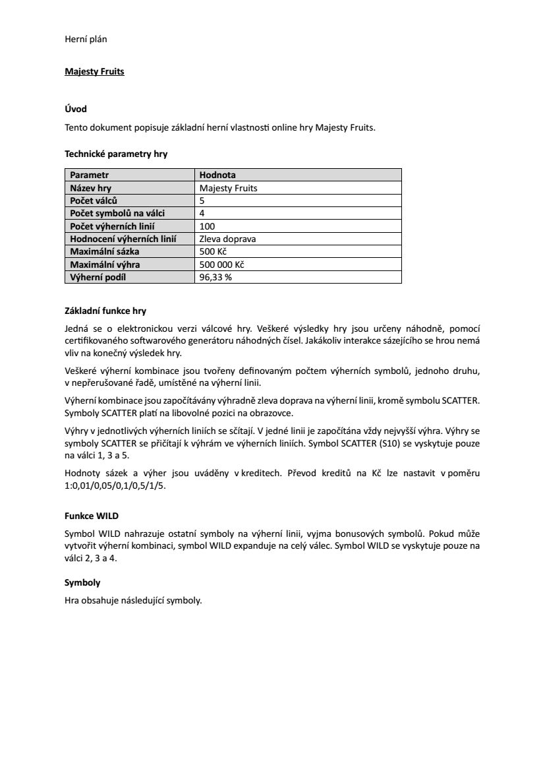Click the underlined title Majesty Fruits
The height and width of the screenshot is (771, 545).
94,71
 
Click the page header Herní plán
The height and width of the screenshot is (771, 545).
86,39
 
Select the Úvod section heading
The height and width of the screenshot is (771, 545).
76,108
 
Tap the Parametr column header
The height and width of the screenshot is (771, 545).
90,175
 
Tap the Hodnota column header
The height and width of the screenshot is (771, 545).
217,175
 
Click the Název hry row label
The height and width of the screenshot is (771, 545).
91,188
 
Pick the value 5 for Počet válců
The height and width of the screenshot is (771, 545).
202,200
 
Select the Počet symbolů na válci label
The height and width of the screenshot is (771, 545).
117,213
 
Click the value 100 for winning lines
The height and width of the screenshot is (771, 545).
206,226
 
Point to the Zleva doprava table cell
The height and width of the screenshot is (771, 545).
227,238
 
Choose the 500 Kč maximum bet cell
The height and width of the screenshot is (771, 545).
213,251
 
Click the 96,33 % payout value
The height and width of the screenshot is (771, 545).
215,277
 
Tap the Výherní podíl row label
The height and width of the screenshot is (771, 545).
98,277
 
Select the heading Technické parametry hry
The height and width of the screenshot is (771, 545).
116,154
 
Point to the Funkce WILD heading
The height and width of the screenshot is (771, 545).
92,515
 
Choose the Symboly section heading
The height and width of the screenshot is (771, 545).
82,583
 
